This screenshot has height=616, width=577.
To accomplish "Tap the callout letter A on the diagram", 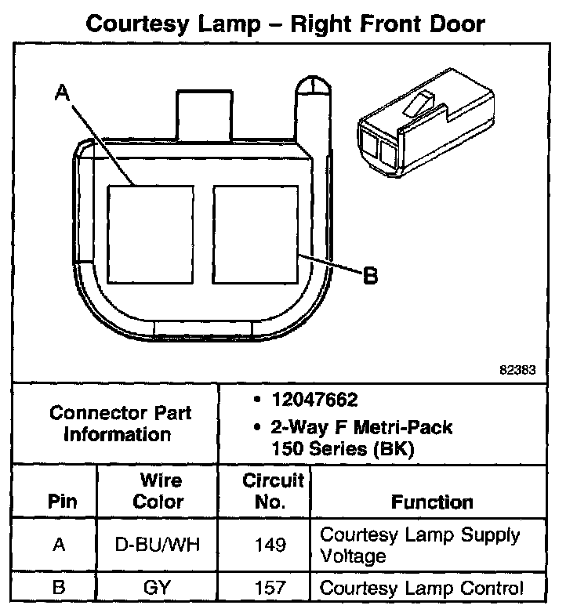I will [63, 94].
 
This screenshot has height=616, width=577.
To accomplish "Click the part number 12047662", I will [314, 400].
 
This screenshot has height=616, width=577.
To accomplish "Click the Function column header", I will [432, 502].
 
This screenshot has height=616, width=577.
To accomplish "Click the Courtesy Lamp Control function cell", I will [422, 589].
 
